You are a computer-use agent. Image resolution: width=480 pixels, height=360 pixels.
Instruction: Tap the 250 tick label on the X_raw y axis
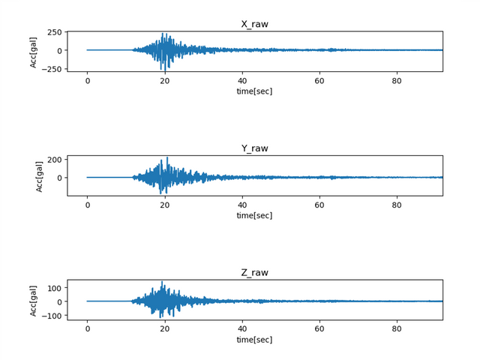tap(54, 33)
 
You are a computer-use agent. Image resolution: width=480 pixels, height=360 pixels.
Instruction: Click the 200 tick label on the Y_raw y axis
tap(54, 160)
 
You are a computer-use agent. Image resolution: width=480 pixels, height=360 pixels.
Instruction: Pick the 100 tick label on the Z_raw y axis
tap(54, 287)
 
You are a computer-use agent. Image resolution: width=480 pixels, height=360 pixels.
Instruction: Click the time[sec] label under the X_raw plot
tap(254, 91)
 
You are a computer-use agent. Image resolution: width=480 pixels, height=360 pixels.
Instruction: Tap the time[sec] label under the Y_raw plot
tap(254, 215)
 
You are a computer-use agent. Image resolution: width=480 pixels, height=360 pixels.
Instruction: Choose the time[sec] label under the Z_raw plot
tap(254, 340)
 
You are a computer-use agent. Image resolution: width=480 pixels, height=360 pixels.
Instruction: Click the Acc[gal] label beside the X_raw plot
tap(34, 51)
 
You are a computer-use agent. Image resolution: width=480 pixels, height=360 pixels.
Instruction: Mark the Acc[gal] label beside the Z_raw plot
tap(34, 300)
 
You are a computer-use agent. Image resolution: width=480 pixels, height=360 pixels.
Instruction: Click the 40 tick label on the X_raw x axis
tap(242, 80)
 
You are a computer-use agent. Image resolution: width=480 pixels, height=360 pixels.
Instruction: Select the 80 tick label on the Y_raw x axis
tap(397, 205)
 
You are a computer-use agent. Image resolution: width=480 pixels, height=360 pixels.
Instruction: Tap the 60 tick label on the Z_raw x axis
tap(319, 329)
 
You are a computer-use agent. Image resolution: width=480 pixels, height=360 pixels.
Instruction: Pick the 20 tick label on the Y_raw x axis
tap(164, 205)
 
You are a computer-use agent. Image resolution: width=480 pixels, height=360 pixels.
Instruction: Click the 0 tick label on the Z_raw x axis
tap(87, 329)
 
